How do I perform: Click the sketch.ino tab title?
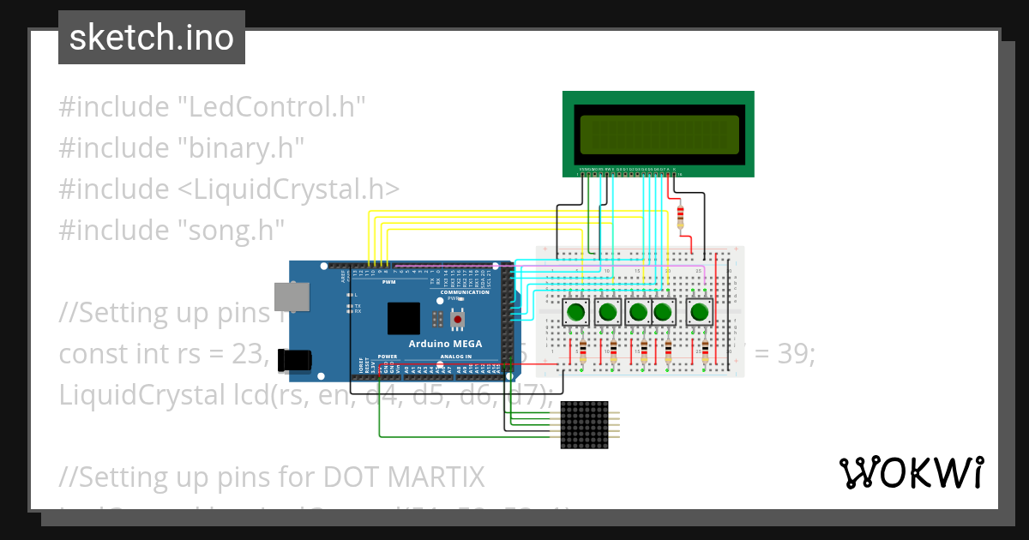[x=152, y=38]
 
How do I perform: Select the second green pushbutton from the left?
[x=608, y=312]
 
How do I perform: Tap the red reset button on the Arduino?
[x=458, y=320]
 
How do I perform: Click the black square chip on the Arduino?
[x=404, y=318]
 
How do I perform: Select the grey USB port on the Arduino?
[x=292, y=296]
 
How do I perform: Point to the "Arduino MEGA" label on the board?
[x=445, y=344]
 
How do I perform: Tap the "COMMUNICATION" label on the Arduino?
[x=465, y=292]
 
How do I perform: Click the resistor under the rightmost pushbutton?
[x=705, y=350]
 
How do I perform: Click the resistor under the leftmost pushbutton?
[x=583, y=350]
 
